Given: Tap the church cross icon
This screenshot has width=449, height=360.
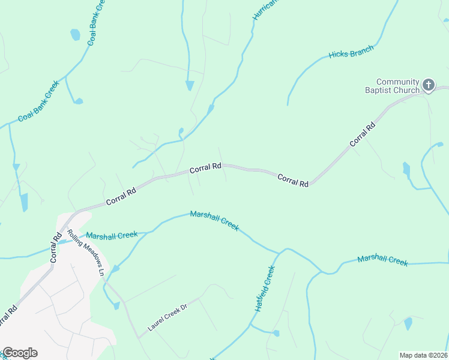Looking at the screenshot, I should coord(429,85).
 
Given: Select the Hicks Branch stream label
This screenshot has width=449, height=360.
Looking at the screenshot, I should coord(351,52).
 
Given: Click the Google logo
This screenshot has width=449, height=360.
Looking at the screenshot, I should coord(20,353).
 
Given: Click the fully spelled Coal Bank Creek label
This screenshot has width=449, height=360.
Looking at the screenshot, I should coord(38,101).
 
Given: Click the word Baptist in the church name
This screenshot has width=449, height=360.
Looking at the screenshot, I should coord(379,91).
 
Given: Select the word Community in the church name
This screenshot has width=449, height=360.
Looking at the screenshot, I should coord(397,82).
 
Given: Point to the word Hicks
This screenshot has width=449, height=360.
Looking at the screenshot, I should coord(338,55).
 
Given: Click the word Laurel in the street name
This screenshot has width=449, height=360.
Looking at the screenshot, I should coord(157,324).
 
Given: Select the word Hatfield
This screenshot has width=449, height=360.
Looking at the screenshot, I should coord(262,294).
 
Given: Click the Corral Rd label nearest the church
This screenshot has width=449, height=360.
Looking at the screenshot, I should coord(363,134).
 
